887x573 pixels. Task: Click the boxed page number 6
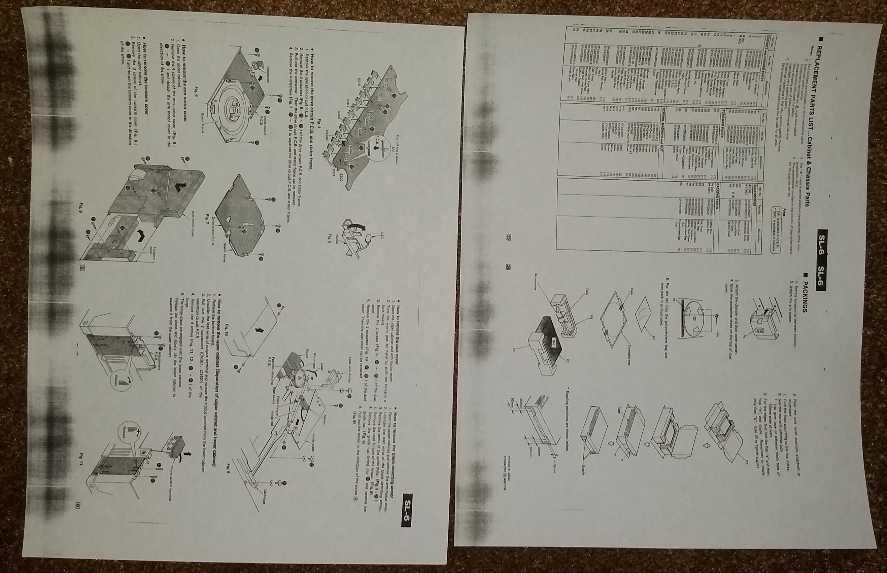pyautogui.click(x=78, y=505)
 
